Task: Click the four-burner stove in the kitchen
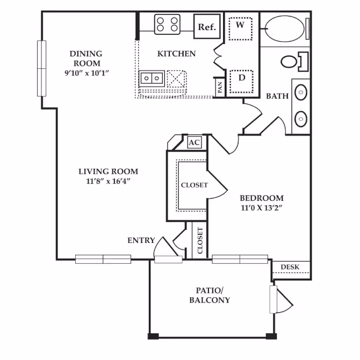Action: click(x=167, y=24)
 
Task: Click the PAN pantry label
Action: click(x=220, y=88)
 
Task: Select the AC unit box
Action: click(x=194, y=142)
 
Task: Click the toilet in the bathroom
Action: click(x=293, y=61)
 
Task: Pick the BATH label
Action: click(x=277, y=96)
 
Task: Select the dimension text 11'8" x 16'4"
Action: click(x=108, y=181)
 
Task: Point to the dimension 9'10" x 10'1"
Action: click(x=85, y=73)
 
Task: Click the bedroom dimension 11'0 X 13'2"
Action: click(x=261, y=207)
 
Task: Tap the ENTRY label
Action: click(x=141, y=240)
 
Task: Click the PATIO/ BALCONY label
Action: click(x=210, y=296)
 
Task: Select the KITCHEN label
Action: click(x=176, y=54)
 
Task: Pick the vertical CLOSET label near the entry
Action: click(x=200, y=241)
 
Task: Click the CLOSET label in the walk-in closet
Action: click(x=194, y=185)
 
